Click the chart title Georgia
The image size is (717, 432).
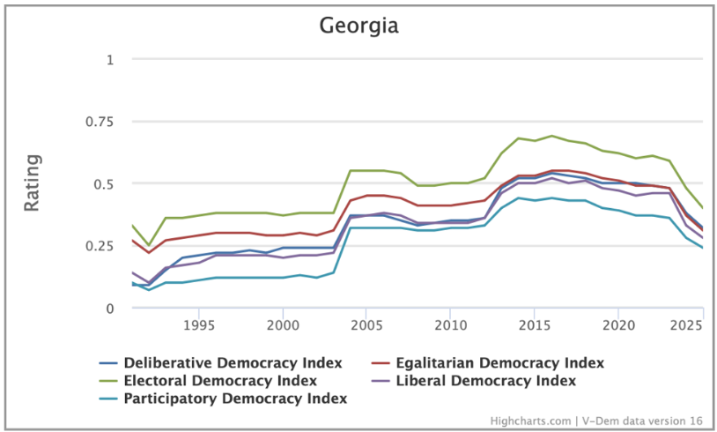tap(358, 26)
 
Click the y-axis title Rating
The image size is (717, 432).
tap(32, 182)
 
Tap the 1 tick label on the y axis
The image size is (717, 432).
tap(110, 60)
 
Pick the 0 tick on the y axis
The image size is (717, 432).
tap(110, 309)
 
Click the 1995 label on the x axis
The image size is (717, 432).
tap(199, 325)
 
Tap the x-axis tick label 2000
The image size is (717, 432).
tap(283, 325)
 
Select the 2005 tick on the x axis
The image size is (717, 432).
tap(366, 325)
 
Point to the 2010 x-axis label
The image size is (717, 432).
tap(450, 325)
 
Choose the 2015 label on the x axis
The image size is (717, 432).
tap(534, 325)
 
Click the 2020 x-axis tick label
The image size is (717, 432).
tap(617, 325)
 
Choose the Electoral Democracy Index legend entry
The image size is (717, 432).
tap(220, 381)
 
